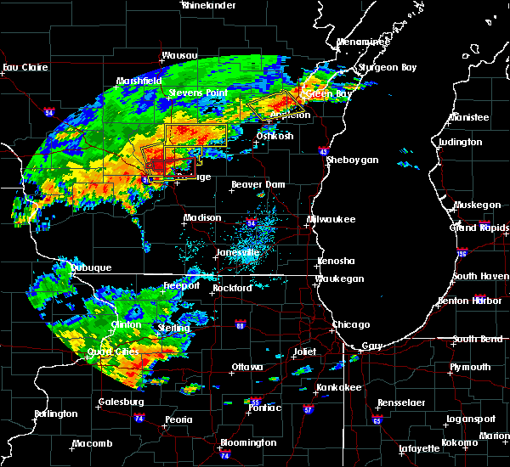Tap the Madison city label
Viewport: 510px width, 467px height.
pyautogui.click(x=202, y=217)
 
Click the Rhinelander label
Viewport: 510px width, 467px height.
pyautogui.click(x=208, y=5)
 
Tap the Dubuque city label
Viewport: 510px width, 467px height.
pyautogui.click(x=90, y=267)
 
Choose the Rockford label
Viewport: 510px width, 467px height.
pyautogui.click(x=233, y=288)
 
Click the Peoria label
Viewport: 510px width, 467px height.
pyautogui.click(x=178, y=419)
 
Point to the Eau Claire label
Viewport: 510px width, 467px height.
pyautogui.click(x=23, y=67)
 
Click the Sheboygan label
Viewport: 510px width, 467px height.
pyautogui.click(x=350, y=160)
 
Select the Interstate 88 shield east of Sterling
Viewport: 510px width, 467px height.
pyautogui.click(x=240, y=325)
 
